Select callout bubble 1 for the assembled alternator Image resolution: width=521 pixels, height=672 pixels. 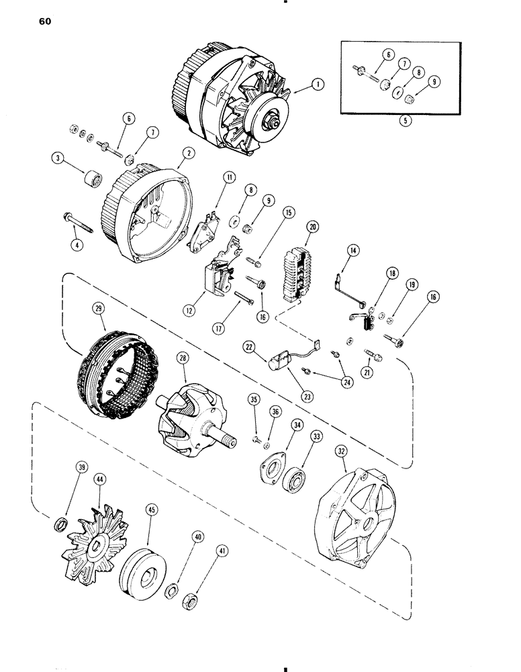(318, 85)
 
